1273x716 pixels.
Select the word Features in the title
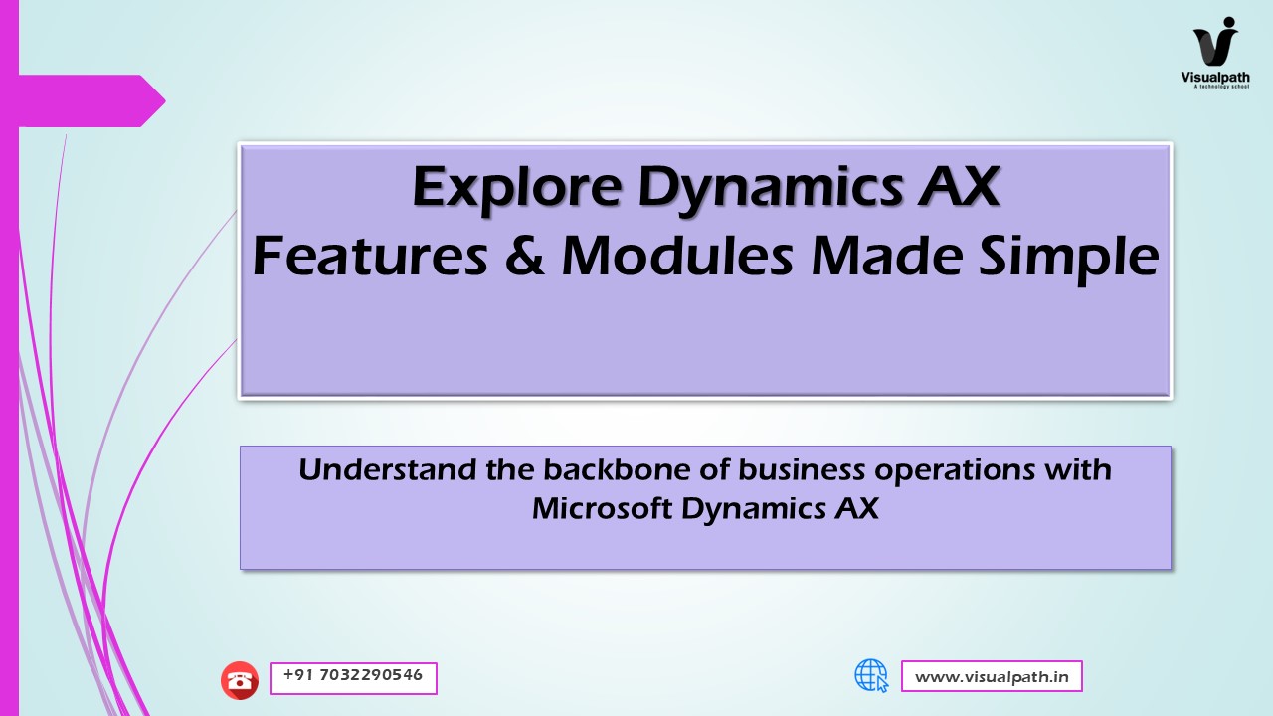[x=370, y=257]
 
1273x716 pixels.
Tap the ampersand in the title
[x=524, y=257]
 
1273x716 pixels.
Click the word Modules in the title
[x=677, y=256]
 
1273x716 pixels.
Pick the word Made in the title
[x=886, y=256]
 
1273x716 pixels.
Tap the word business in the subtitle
[x=802, y=470]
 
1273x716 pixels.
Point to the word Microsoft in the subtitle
[x=603, y=508]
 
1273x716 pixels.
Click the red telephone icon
[x=240, y=680]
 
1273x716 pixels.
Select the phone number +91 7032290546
[x=353, y=675]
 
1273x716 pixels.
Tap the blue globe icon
[x=871, y=675]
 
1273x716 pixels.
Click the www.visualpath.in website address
[x=992, y=677]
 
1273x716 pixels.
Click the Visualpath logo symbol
[x=1215, y=41]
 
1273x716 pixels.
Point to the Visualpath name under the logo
[x=1215, y=77]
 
